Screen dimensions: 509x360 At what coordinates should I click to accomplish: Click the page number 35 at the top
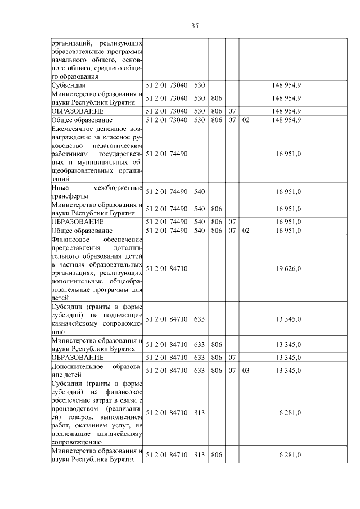point(195,25)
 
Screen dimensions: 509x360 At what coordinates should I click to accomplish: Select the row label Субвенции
point(67,84)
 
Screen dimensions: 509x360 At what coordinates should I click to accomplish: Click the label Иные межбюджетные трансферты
point(96,192)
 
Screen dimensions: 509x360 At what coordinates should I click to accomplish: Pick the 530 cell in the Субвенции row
point(199,84)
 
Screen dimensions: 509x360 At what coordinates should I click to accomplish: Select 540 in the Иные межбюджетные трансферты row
point(199,192)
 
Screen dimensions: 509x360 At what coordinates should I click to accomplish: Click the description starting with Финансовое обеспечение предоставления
point(96,269)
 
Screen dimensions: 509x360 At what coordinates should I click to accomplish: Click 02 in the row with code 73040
point(245,120)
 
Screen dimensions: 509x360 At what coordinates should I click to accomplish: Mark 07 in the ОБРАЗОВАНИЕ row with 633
point(231,358)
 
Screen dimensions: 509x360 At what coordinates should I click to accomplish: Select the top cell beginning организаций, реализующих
point(96,60)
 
